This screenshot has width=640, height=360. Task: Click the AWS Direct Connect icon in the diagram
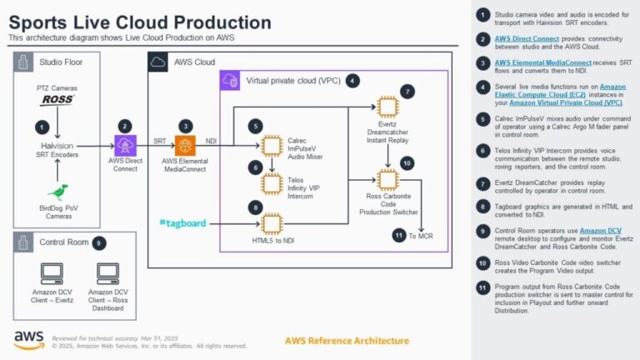pyautogui.click(x=124, y=145)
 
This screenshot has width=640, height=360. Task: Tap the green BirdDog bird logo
pyautogui.click(x=57, y=192)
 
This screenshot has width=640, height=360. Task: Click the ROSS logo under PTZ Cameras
pyautogui.click(x=57, y=100)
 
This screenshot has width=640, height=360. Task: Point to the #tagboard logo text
pyautogui.click(x=182, y=222)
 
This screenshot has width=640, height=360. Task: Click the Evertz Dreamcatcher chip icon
pyautogui.click(x=387, y=107)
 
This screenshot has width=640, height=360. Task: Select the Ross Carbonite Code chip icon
pyautogui.click(x=387, y=179)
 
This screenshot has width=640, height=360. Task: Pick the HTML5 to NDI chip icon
pyautogui.click(x=272, y=222)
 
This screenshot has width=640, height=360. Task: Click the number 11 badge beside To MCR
pyautogui.click(x=399, y=236)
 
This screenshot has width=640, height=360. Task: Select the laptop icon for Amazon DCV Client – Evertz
pyautogui.click(x=52, y=272)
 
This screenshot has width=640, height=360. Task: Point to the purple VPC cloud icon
pyautogui.click(x=230, y=81)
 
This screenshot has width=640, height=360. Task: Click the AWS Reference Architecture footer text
pyautogui.click(x=347, y=341)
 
